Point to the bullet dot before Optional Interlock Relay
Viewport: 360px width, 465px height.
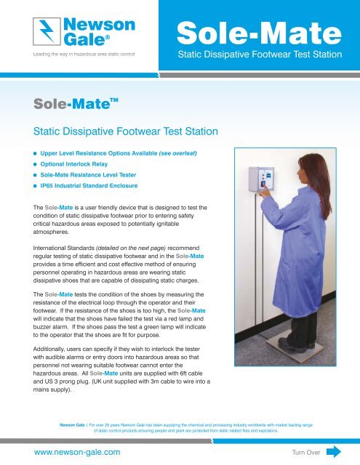pos(33,165)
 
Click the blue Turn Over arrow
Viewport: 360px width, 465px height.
pos(334,451)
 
